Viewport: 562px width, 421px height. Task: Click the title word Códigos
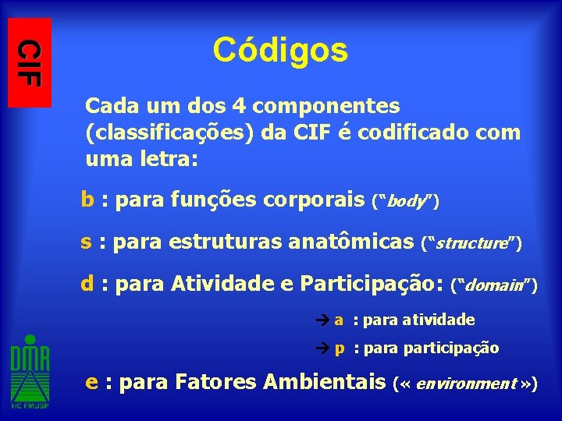click(279, 51)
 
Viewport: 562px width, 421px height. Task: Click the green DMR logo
click(30, 372)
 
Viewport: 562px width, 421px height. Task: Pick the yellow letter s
click(87, 242)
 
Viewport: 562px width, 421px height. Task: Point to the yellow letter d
click(87, 283)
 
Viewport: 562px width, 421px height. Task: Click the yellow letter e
click(91, 383)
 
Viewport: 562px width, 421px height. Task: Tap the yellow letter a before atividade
click(339, 320)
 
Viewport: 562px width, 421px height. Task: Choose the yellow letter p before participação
click(340, 348)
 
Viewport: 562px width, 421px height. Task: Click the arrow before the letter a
click(325, 320)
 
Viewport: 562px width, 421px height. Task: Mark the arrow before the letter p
click(325, 348)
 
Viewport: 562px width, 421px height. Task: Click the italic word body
click(404, 203)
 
